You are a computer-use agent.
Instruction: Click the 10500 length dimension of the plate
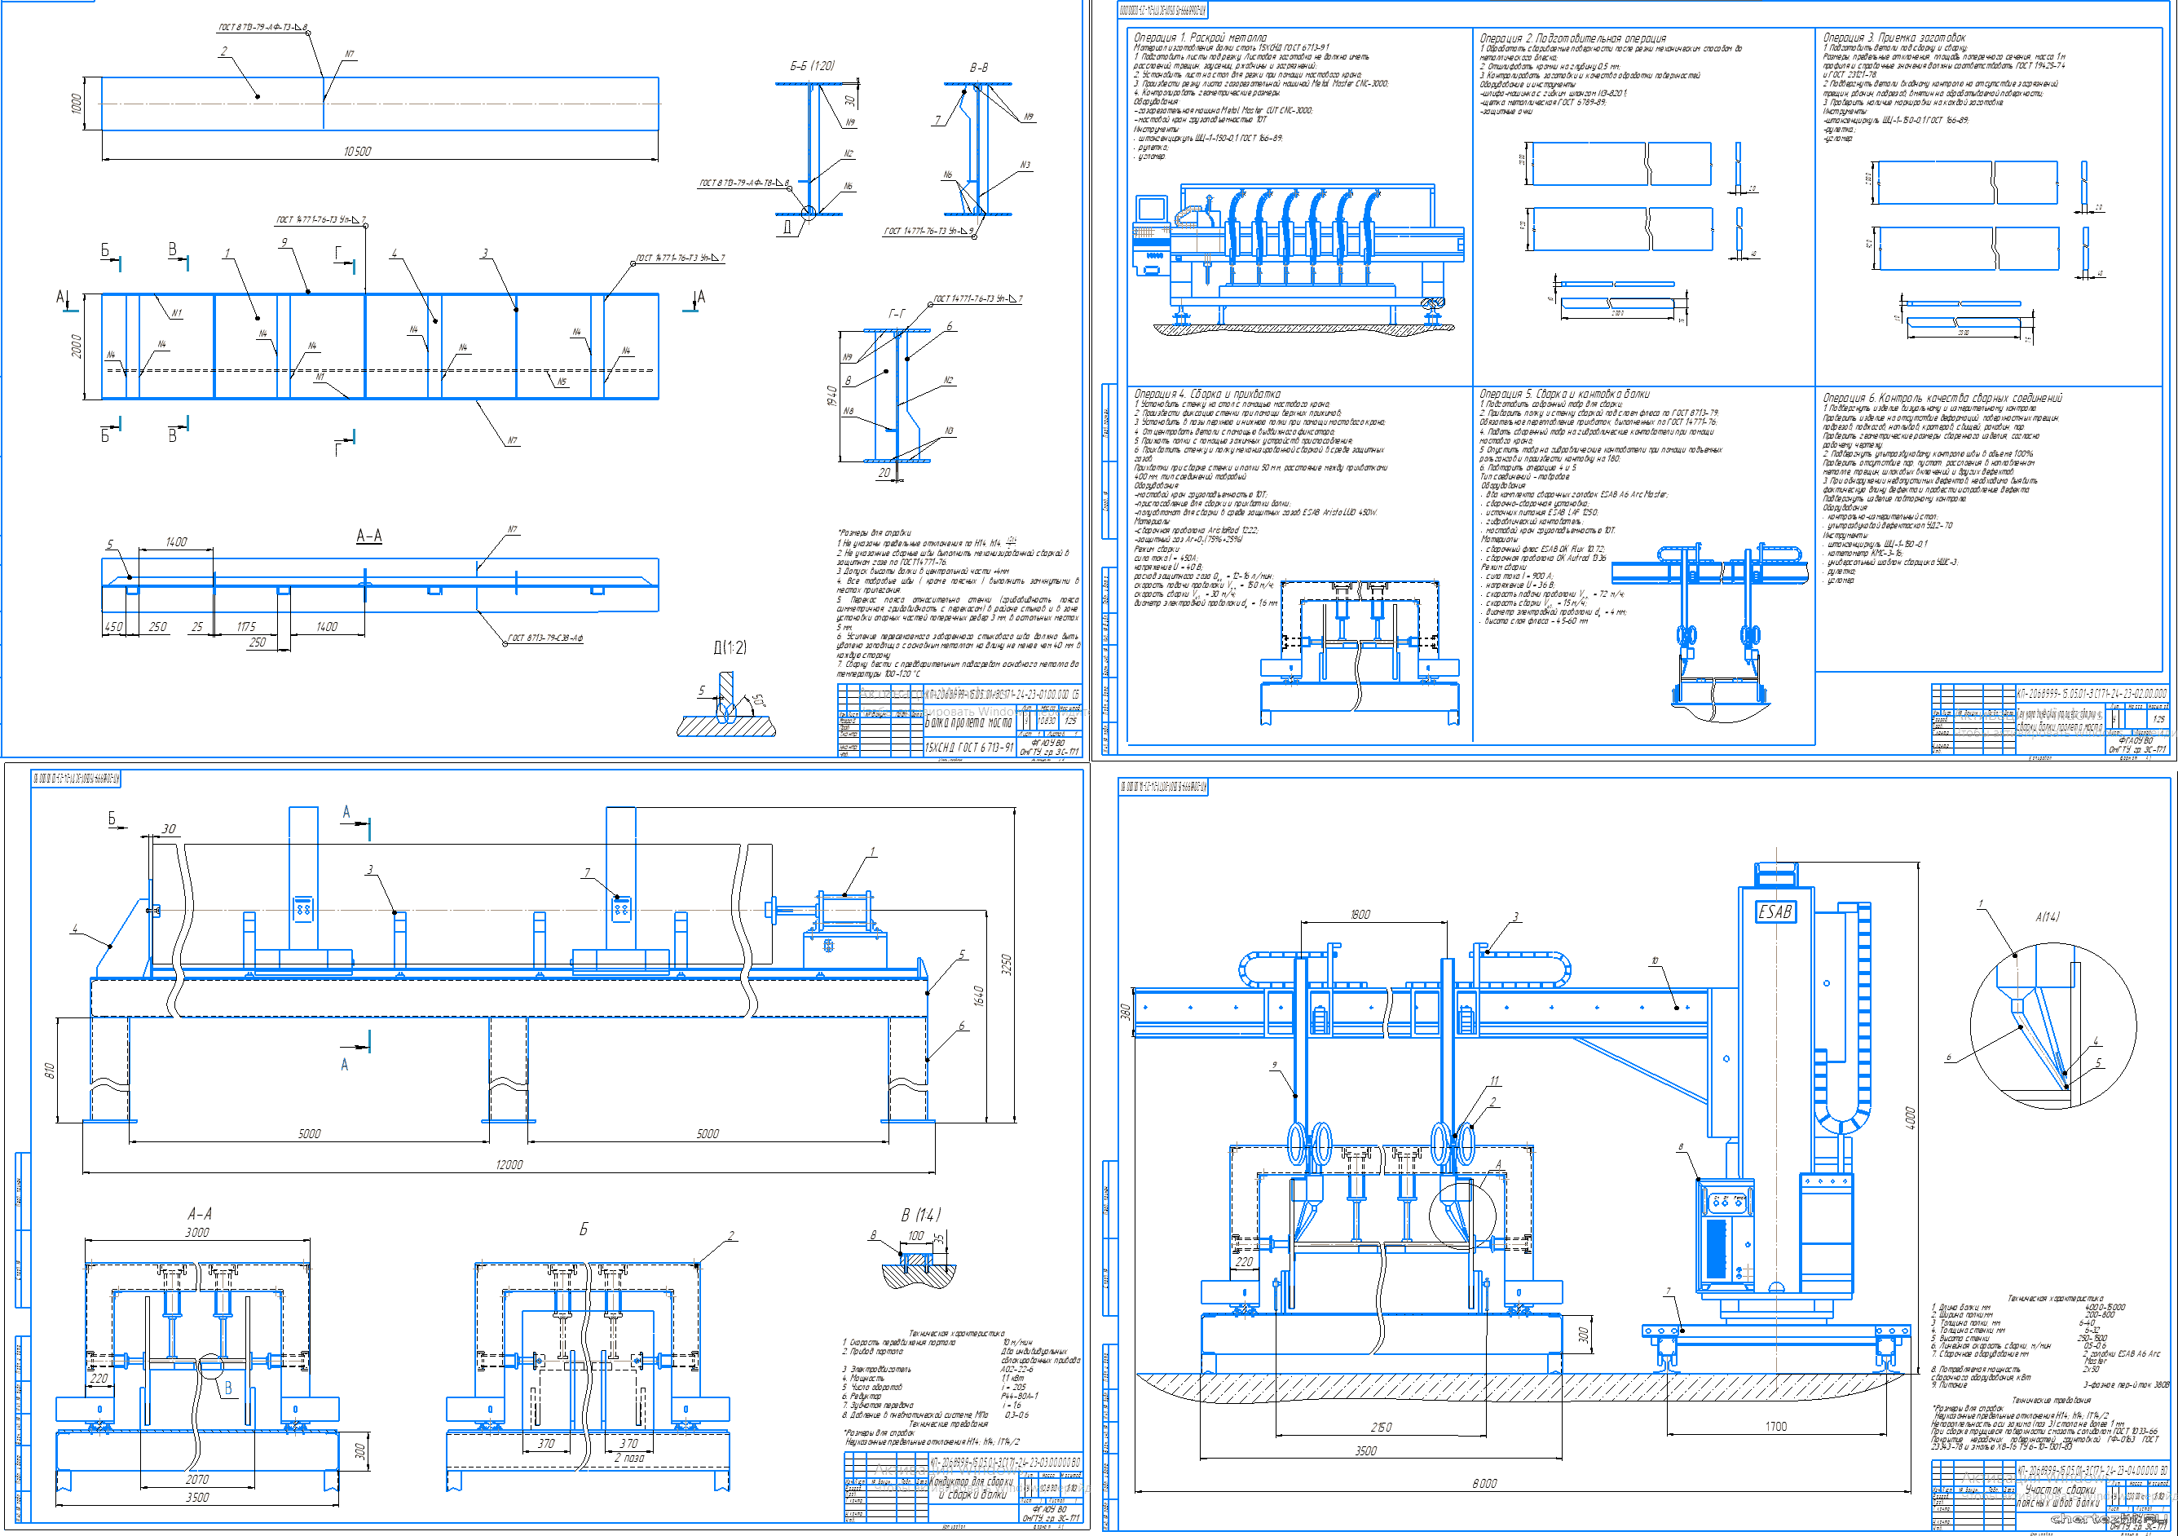click(x=358, y=152)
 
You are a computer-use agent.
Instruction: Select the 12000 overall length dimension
click(x=509, y=1164)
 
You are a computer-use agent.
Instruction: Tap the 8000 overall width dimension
click(x=1484, y=1483)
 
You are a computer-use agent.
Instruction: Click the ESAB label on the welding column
click(x=1775, y=911)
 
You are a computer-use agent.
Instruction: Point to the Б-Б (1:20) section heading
click(x=812, y=66)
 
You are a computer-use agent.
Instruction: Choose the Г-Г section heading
click(x=897, y=313)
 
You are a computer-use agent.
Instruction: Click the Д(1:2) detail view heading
click(x=730, y=647)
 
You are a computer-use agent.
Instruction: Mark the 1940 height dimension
click(x=832, y=395)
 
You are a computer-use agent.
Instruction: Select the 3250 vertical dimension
click(x=1007, y=964)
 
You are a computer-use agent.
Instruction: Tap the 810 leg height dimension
click(x=50, y=1069)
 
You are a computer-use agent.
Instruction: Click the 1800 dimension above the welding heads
click(x=1360, y=915)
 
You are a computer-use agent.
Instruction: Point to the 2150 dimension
click(x=1381, y=1427)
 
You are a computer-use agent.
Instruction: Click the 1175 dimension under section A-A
click(x=247, y=627)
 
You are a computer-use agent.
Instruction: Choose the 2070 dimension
click(x=197, y=1479)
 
